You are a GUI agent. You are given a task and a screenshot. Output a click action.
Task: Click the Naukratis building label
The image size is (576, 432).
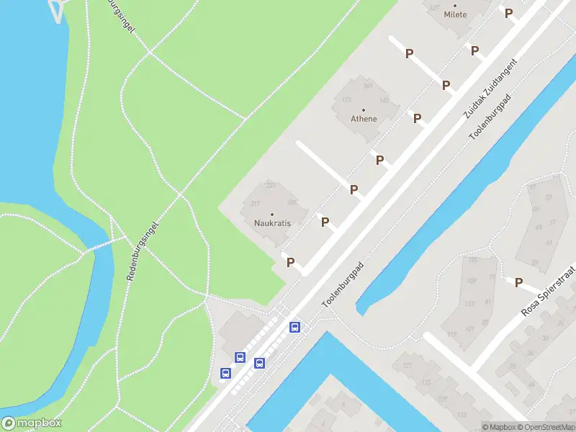[x=272, y=223]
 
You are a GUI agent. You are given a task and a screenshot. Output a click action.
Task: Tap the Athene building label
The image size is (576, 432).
[x=364, y=119]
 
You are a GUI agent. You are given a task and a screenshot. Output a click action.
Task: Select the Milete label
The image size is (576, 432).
[x=455, y=14]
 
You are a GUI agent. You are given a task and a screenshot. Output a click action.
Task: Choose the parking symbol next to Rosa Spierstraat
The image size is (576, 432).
[x=518, y=282]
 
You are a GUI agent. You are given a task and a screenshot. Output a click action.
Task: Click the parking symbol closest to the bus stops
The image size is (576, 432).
[x=290, y=263]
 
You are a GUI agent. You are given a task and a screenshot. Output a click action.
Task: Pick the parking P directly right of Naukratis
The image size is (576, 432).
[x=325, y=222]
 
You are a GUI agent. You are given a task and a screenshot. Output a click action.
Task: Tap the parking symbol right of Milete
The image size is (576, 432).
[x=508, y=13]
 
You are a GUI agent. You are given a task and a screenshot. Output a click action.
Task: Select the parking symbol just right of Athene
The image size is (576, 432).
[x=417, y=118]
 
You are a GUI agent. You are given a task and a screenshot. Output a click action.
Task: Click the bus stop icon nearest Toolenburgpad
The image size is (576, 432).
[x=294, y=328]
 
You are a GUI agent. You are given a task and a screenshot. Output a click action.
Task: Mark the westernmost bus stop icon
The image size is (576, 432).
[x=225, y=373]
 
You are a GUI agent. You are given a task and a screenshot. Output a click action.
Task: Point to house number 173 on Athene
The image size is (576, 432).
[x=346, y=100]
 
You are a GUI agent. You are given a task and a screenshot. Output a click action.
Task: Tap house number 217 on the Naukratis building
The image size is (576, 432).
[x=254, y=204]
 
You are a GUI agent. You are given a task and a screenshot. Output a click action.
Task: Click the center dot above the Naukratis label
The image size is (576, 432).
[x=272, y=214]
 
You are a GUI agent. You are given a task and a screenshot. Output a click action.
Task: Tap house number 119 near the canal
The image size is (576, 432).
[x=451, y=334]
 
